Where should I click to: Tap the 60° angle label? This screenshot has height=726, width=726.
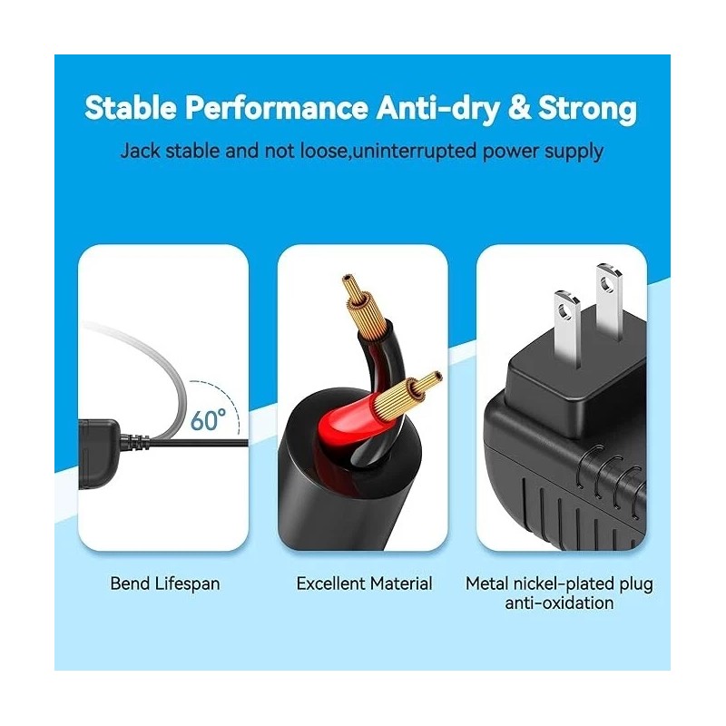click(209, 420)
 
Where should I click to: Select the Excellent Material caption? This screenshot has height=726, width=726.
click(364, 584)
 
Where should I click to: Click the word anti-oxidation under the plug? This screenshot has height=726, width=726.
click(559, 603)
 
